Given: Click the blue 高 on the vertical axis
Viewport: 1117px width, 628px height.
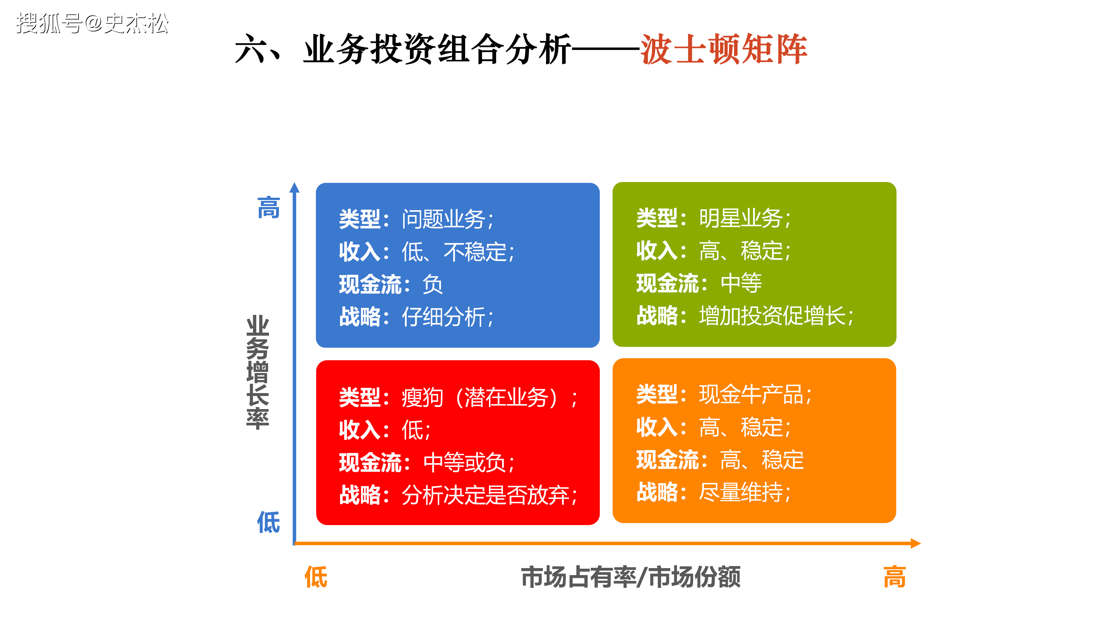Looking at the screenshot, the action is tap(269, 208).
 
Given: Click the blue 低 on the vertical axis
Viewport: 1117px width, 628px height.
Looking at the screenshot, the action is tap(269, 522).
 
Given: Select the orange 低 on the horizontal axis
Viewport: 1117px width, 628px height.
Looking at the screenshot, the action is tap(316, 577).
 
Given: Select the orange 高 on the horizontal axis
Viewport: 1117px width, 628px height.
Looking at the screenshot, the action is tap(894, 577).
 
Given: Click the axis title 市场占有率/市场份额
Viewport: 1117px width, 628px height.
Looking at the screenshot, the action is tap(631, 577).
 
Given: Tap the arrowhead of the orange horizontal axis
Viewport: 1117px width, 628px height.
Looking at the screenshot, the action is tap(916, 543).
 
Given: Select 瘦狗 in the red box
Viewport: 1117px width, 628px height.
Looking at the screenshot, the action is tap(422, 397).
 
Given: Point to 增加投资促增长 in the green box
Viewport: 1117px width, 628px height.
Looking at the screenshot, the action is tap(772, 315).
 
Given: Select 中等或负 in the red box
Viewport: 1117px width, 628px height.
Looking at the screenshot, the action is tap(465, 463).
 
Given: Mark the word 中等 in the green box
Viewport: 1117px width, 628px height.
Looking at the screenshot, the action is tap(741, 283).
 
